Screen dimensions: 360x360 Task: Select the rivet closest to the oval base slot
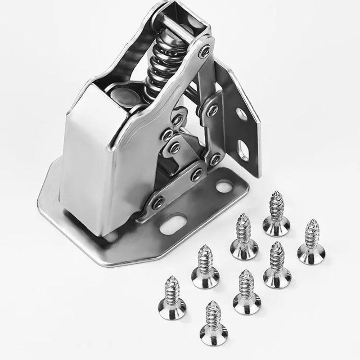(x=158, y=203)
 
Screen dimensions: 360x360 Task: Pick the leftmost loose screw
(x=172, y=300)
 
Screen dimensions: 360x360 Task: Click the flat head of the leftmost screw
(x=172, y=311)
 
